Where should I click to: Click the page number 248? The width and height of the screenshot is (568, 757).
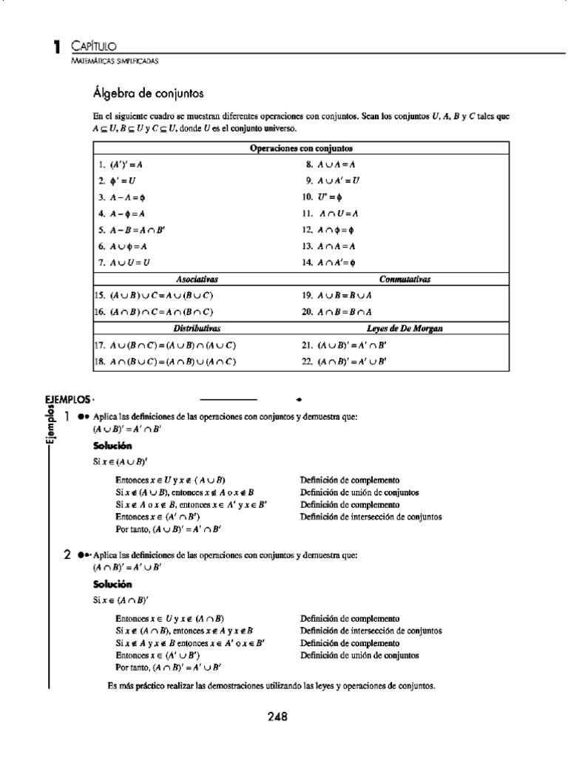pos(277,716)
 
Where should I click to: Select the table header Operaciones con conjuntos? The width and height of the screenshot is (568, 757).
pos(301,148)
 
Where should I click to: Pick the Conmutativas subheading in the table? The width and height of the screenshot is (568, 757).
pos(405,279)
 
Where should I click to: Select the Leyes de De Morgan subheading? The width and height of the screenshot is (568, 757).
pos(405,327)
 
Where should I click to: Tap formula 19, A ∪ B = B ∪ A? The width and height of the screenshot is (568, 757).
pos(336,295)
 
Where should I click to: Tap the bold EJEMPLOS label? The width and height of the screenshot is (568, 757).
pos(67,399)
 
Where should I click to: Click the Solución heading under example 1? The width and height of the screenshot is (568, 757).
pos(112,446)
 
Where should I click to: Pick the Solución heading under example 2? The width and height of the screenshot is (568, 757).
pos(112,584)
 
